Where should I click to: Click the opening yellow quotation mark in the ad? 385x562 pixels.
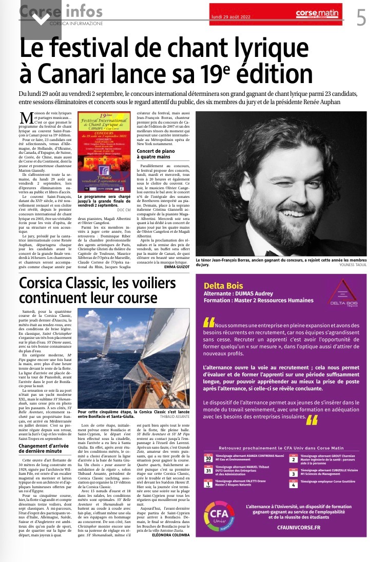[209, 322]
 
